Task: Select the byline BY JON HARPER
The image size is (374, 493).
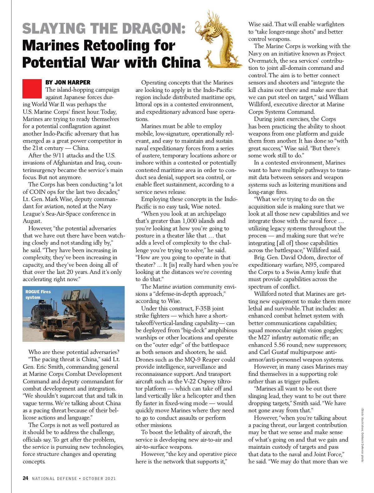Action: [68, 83]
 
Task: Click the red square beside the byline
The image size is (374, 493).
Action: [32, 89]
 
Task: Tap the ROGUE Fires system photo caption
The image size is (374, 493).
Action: [38, 294]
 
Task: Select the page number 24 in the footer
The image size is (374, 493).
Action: [26, 478]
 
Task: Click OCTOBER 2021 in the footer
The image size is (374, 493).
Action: [99, 479]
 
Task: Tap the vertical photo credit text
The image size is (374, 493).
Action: [362, 435]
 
